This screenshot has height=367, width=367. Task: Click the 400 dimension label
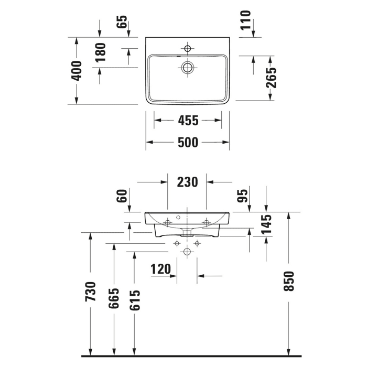(x=77, y=70)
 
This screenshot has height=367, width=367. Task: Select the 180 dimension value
(x=100, y=52)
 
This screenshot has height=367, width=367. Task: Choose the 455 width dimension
(x=187, y=121)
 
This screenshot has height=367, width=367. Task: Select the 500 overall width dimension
(x=187, y=142)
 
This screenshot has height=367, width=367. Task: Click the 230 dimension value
(x=187, y=182)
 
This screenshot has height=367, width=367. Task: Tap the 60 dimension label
(x=122, y=197)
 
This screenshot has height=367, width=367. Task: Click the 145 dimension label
(x=267, y=224)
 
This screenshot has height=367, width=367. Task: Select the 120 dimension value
(x=161, y=269)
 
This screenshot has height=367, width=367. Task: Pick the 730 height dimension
(x=91, y=292)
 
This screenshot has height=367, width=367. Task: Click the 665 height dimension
(x=114, y=299)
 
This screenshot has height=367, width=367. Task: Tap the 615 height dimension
(x=135, y=300)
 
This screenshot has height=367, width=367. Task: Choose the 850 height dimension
(x=289, y=281)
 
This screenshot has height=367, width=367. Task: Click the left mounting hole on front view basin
(x=168, y=222)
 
